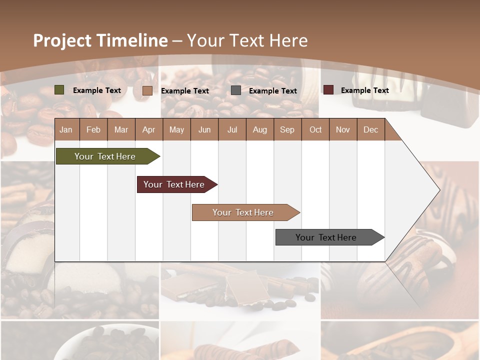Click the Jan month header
click(66, 129)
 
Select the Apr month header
click(149, 129)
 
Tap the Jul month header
click(232, 129)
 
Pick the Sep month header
click(287, 129)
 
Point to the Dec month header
click(370, 129)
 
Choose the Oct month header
click(315, 129)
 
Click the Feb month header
click(93, 129)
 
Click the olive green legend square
click(59, 90)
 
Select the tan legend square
click(147, 90)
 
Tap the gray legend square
click(236, 90)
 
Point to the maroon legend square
click(328, 90)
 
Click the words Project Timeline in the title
click(100, 40)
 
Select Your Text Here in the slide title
click(247, 40)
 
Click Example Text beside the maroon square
click(364, 90)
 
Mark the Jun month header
click(204, 129)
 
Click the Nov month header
click(343, 129)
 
